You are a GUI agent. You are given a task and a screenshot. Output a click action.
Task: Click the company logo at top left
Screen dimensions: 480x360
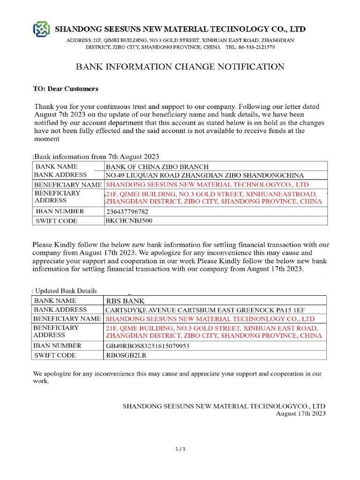tap(40, 29)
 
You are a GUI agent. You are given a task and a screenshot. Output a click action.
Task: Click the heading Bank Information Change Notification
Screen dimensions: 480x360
tap(180, 67)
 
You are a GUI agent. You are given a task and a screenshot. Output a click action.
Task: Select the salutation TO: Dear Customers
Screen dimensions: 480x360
tap(66, 88)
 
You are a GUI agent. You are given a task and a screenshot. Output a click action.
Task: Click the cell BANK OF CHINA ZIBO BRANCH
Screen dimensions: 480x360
tap(157, 166)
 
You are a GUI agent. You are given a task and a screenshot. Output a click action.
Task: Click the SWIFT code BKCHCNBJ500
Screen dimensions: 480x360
tap(129, 220)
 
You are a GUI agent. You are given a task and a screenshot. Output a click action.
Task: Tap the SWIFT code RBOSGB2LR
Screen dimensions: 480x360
tap(126, 355)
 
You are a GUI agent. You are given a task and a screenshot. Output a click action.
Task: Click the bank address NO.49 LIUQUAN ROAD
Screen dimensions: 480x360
tap(205, 175)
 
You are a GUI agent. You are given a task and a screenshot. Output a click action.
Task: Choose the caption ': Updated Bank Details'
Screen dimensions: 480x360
tap(64, 291)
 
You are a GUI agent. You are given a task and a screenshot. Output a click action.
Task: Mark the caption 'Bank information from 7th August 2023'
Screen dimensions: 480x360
tap(97, 156)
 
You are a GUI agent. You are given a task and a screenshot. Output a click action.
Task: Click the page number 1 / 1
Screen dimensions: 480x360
tap(180, 449)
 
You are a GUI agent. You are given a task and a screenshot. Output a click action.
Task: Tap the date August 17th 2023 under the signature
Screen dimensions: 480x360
tap(300, 413)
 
